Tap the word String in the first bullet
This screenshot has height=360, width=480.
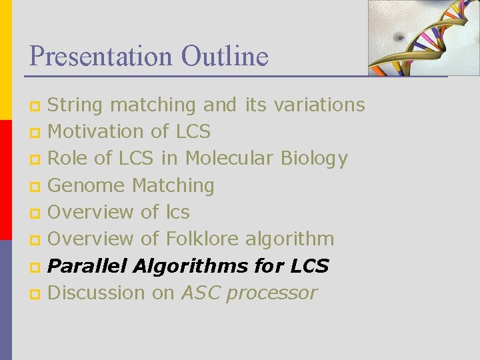(75, 105)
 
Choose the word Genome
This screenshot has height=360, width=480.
(86, 185)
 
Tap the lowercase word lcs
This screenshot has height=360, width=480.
(177, 212)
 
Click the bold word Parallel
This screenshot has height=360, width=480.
(88, 266)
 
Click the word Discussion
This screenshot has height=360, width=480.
(96, 293)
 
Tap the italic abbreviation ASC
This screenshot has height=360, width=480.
(201, 293)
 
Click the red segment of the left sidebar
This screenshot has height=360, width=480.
(5, 180)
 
